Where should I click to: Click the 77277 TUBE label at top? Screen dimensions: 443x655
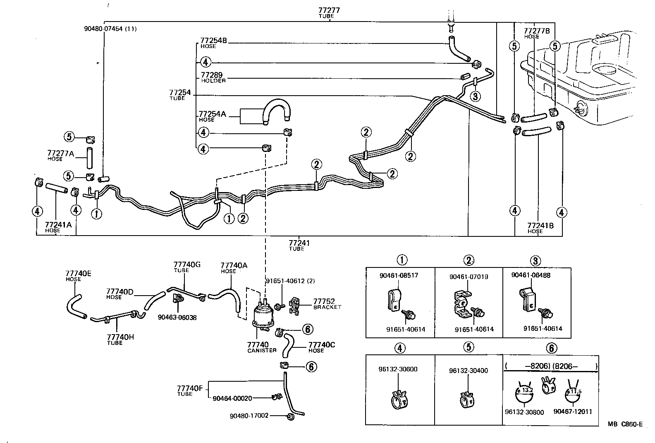tap(329, 12)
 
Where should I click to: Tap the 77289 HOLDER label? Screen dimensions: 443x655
tap(213, 77)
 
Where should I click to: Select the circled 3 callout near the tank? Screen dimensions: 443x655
tap(476, 96)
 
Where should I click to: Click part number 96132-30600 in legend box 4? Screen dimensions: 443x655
tap(398, 369)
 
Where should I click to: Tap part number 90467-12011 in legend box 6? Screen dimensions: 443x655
tap(573, 412)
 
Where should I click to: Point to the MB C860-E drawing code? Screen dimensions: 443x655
tap(625, 424)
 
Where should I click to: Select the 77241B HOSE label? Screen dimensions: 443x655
tap(540, 228)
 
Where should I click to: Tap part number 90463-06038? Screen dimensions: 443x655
tap(177, 318)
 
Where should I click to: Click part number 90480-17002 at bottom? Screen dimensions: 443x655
tap(249, 415)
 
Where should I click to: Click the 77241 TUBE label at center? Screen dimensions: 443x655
tap(299, 245)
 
